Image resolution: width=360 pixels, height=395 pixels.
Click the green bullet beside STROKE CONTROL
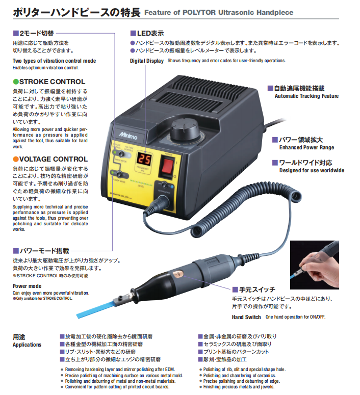click(x=15, y=82)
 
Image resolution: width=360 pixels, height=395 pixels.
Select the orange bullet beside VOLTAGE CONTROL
click(x=15, y=159)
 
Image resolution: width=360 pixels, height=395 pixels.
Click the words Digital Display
click(x=147, y=61)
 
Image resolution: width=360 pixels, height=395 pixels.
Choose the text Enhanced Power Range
click(x=306, y=147)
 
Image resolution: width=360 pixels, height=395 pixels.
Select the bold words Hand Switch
click(x=246, y=317)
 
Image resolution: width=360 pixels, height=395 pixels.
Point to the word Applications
click(x=27, y=345)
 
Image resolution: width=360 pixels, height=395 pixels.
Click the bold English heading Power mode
click(x=27, y=286)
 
